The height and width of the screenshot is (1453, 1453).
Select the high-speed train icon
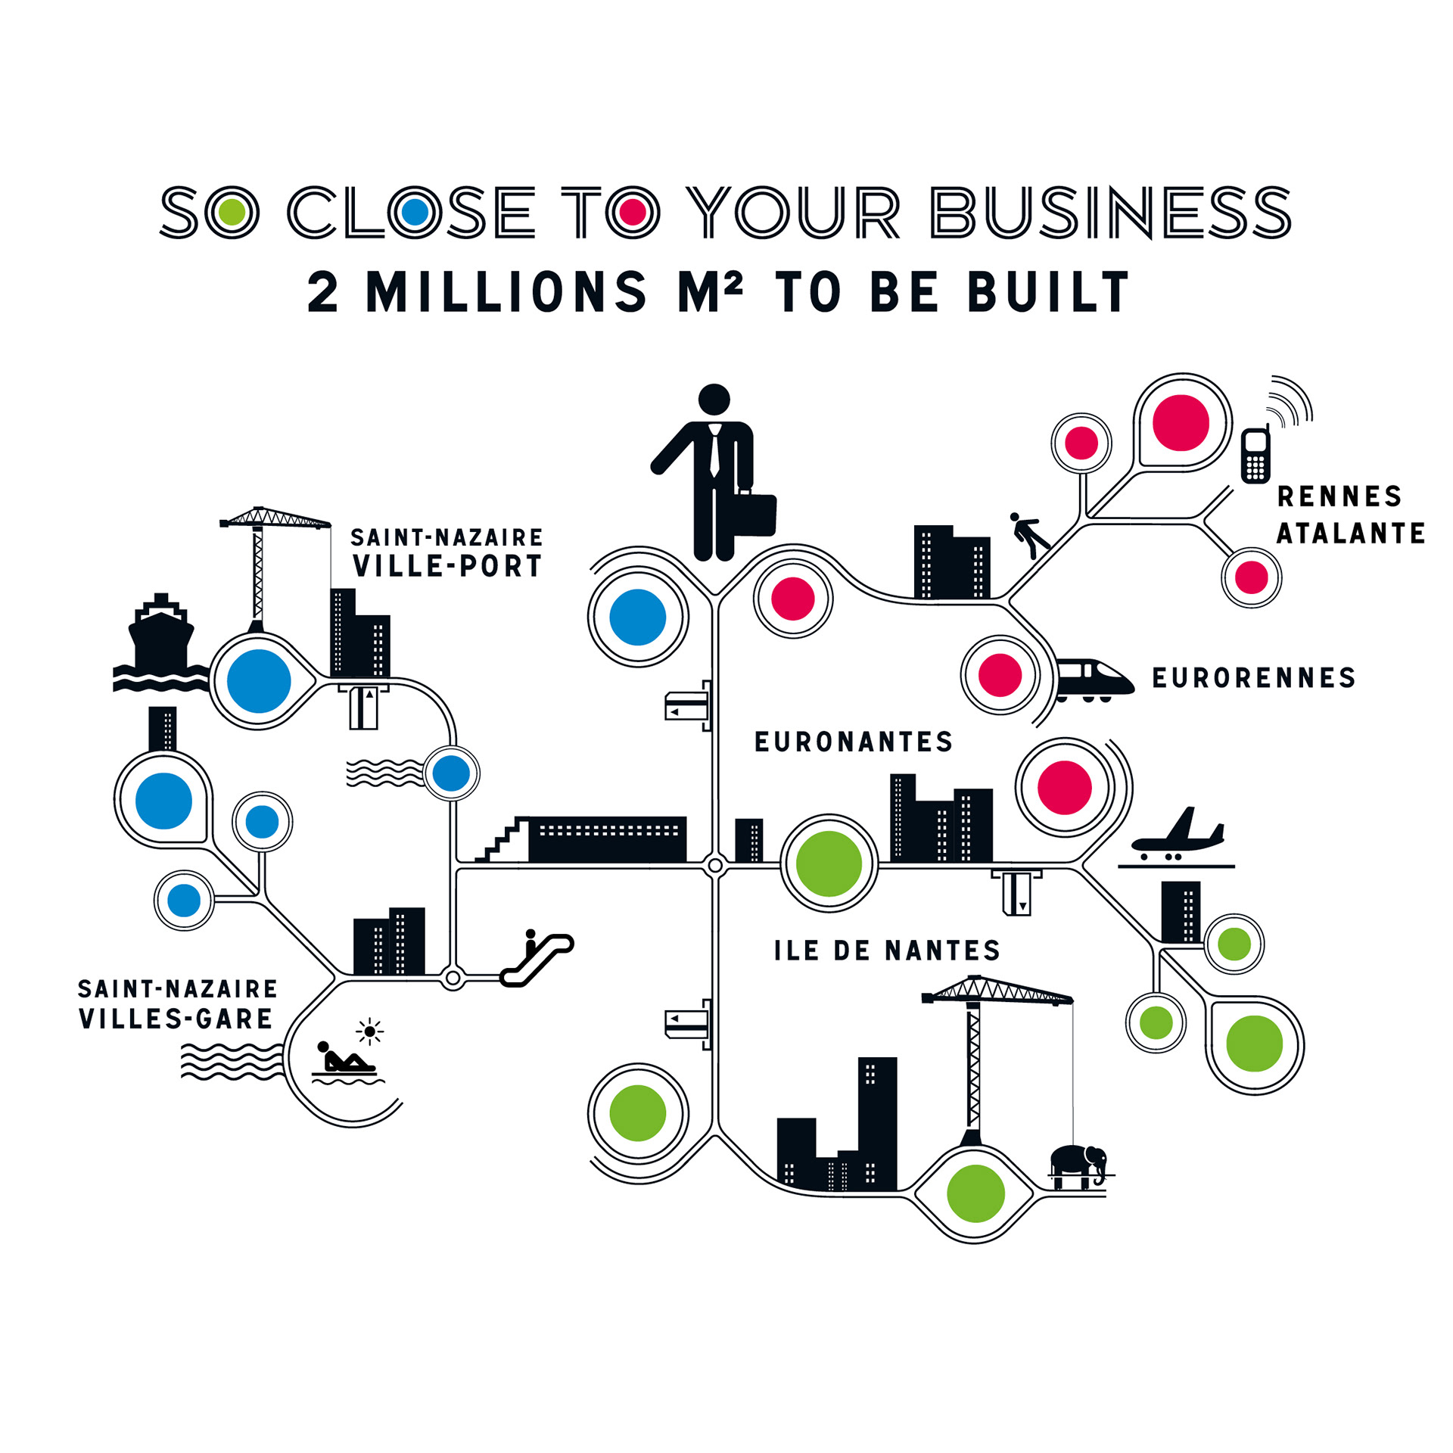coord(1093,677)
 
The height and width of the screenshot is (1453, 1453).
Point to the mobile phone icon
coord(1255,455)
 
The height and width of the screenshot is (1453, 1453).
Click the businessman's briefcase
coord(752,515)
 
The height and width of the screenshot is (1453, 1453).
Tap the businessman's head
coord(714,400)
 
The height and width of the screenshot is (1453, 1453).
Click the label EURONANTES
coord(854,742)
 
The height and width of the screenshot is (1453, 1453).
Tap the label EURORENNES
coord(1253,677)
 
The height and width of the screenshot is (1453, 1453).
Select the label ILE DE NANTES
coord(887,951)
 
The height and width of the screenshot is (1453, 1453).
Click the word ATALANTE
coord(1350,534)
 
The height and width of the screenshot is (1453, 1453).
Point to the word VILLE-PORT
coord(447,566)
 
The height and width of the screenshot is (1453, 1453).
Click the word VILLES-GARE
coord(176,1019)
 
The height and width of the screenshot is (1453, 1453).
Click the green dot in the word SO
coord(232,212)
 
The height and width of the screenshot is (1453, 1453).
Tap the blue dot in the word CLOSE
coord(415,212)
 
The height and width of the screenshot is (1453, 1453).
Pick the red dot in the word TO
coord(632,212)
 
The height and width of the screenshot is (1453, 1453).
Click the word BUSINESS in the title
coord(1110,212)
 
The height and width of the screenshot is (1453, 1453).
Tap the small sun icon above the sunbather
coord(369,1031)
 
